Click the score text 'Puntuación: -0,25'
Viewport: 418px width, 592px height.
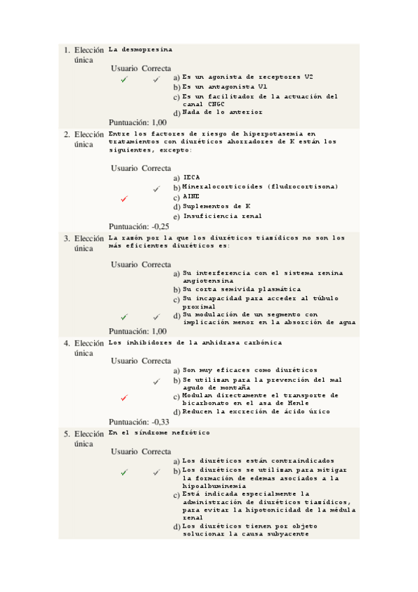[x=139, y=226]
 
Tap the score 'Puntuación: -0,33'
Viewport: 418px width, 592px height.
[x=139, y=422]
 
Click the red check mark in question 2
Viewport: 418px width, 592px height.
[x=124, y=199]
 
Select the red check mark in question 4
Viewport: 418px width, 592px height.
[x=124, y=398]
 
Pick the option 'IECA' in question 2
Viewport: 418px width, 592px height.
[x=191, y=177]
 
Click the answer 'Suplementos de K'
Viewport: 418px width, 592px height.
[x=216, y=207]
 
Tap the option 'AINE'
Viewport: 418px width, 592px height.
[x=191, y=197]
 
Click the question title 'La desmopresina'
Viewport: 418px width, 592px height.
[x=141, y=50]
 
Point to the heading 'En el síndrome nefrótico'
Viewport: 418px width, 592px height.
[x=159, y=433]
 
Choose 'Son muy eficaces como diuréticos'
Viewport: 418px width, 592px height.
[x=250, y=370]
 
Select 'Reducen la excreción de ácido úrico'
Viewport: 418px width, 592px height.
[x=256, y=412]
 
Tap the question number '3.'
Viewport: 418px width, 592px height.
[x=67, y=239]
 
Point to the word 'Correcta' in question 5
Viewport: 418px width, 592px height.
[x=156, y=452]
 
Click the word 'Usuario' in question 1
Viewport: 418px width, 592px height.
[x=124, y=68]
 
